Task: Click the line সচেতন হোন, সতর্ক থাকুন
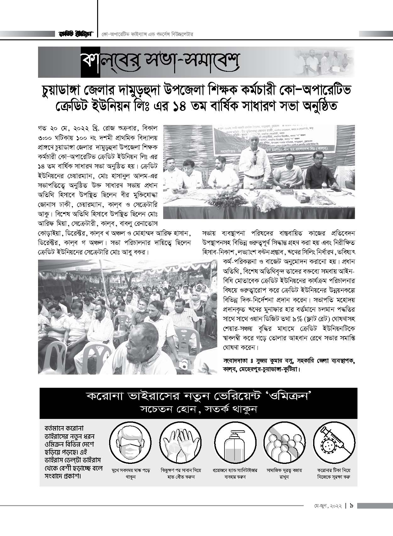coord(198,409)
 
